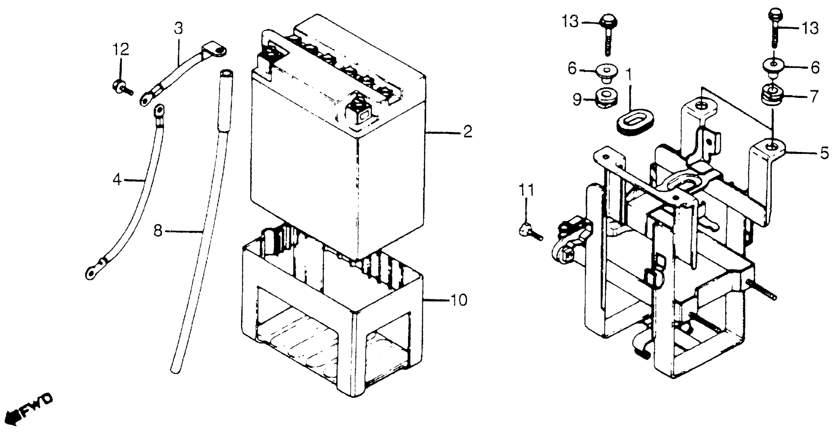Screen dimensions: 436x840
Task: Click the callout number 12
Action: [x=121, y=50]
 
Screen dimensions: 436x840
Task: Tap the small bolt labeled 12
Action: [x=120, y=87]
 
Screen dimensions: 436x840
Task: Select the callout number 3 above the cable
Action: [x=178, y=29]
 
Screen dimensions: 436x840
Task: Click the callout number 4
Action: [x=117, y=180]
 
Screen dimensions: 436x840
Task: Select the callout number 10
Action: [x=460, y=300]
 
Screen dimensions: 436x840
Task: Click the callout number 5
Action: [x=824, y=153]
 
